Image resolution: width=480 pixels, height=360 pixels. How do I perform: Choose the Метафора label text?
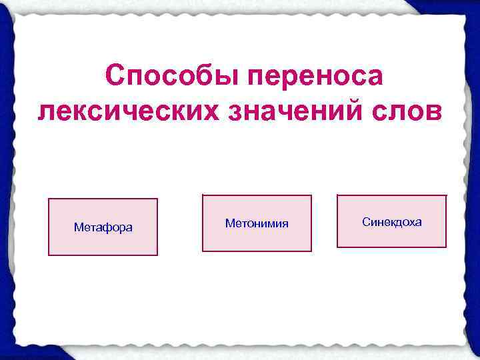(103, 228)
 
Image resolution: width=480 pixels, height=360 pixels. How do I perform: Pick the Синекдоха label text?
(391, 221)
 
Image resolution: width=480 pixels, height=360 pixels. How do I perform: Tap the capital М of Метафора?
(77, 228)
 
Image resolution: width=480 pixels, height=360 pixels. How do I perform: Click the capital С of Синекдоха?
(366, 221)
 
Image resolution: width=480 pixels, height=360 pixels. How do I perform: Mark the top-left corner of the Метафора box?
(49, 199)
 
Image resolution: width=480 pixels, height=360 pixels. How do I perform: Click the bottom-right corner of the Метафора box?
(157, 255)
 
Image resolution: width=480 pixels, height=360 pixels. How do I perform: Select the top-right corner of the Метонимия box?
(311, 195)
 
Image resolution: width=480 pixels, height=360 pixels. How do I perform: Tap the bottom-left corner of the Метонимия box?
(203, 251)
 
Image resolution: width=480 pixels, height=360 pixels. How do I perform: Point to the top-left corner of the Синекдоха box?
(337, 195)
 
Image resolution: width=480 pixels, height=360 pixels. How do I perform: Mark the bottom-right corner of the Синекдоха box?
(446, 247)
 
